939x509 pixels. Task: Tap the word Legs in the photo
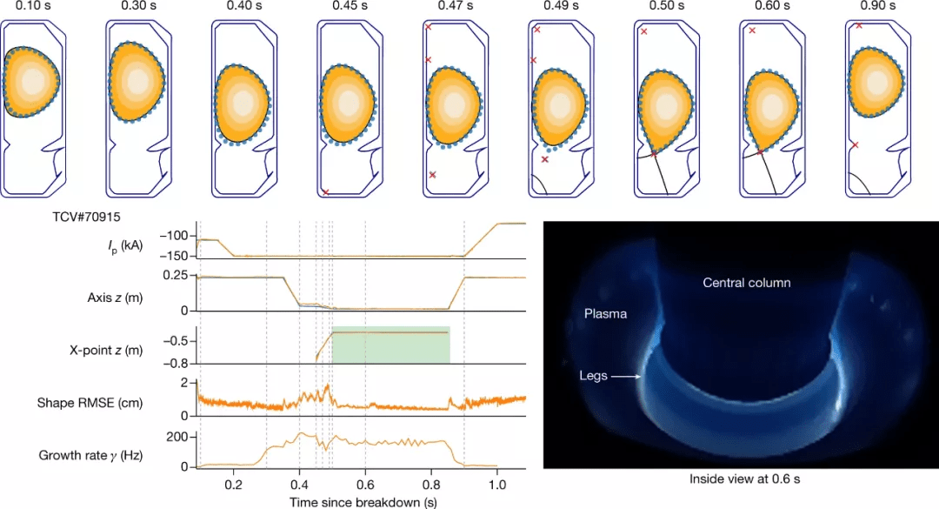[596, 377]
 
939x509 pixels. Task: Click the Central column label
[747, 283]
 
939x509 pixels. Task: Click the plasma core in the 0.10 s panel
[32, 81]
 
